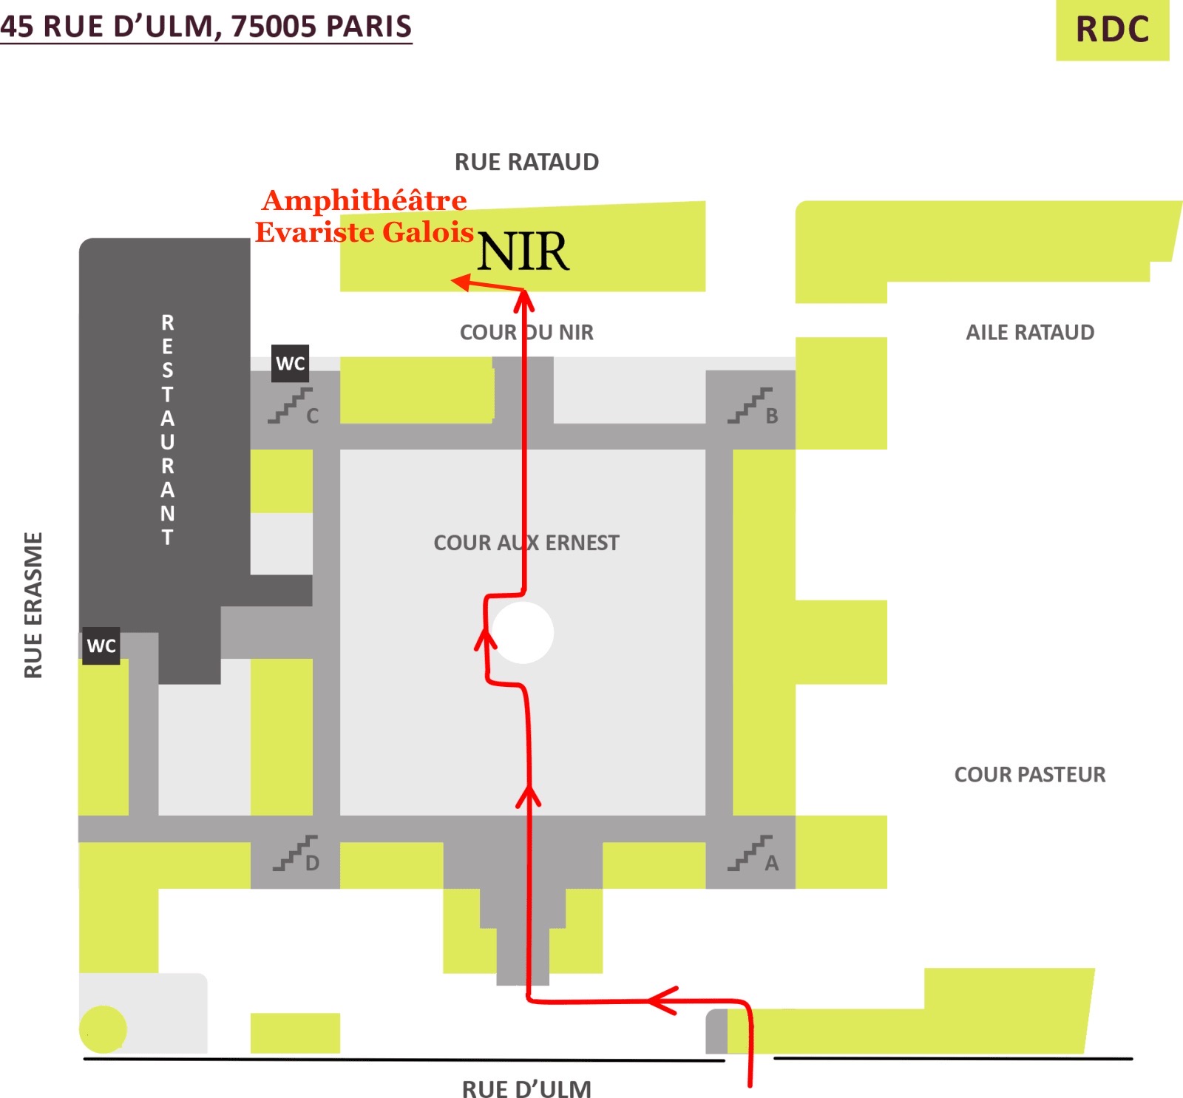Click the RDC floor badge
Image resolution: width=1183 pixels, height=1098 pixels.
click(1111, 30)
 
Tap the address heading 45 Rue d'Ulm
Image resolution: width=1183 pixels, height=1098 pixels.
click(206, 26)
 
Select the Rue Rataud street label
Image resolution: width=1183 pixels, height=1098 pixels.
click(526, 162)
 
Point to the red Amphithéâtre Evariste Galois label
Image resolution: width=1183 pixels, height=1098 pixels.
click(365, 216)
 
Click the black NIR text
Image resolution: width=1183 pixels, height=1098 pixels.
click(523, 252)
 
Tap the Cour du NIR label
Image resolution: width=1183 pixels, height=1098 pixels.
click(526, 333)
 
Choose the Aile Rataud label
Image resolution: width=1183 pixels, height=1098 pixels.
click(1029, 333)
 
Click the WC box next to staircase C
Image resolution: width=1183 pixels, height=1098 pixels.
click(290, 363)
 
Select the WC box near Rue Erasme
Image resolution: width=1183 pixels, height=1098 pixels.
click(101, 645)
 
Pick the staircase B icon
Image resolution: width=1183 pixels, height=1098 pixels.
click(750, 406)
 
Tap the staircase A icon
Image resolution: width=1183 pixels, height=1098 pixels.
click(750, 853)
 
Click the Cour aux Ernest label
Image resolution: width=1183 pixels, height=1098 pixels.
click(526, 543)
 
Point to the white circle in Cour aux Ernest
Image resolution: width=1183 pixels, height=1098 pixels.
click(523, 632)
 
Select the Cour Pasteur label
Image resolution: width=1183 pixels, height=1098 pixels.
click(1029, 774)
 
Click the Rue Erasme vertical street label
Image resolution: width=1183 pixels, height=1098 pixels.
click(34, 605)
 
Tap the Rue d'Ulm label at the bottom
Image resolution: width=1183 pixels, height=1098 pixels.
click(526, 1089)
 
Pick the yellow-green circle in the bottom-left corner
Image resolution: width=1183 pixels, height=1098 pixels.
click(103, 1028)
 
